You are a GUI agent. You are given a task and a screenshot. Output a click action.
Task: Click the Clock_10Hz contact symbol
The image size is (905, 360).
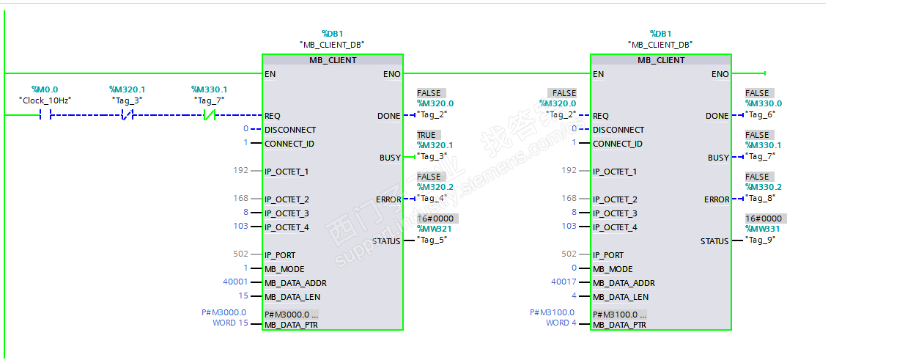(x=45, y=115)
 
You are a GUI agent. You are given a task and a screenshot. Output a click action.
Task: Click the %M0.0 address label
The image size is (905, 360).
(x=45, y=89)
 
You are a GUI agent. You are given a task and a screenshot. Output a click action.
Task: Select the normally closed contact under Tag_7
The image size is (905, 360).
(x=210, y=115)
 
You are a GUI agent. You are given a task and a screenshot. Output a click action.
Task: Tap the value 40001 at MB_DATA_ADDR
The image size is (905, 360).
(x=235, y=282)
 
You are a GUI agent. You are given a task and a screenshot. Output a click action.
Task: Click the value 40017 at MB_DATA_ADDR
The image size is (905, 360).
(x=564, y=282)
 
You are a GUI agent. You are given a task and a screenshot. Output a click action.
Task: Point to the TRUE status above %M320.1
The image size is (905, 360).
(x=426, y=135)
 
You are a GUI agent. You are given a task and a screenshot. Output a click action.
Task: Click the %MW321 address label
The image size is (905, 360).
(x=435, y=229)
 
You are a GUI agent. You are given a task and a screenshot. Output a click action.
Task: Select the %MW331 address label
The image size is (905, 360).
(x=762, y=229)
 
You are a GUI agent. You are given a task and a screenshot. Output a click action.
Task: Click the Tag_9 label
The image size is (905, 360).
(x=760, y=240)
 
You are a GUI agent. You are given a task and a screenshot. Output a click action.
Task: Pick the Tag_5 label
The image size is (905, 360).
(x=432, y=240)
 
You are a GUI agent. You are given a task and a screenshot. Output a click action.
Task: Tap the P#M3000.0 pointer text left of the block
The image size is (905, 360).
(x=224, y=312)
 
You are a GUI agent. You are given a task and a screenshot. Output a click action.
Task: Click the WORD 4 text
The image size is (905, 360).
(x=561, y=323)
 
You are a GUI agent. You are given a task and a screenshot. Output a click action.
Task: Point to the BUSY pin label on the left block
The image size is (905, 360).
(x=390, y=158)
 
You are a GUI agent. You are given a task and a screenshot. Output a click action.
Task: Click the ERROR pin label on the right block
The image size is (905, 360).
(x=717, y=199)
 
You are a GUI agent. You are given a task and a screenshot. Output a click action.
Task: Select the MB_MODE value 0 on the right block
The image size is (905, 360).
(x=574, y=268)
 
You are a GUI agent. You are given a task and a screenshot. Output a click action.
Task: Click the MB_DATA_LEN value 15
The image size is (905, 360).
(x=243, y=295)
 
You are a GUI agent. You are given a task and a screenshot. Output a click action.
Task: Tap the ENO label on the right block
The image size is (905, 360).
(x=720, y=74)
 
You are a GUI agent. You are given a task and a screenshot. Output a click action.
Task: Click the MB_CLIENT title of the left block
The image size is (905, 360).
(x=333, y=60)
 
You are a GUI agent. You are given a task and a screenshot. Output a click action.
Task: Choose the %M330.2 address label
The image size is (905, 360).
(x=764, y=187)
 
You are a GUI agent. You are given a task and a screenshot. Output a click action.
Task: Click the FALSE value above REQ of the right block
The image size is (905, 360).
(x=564, y=93)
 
